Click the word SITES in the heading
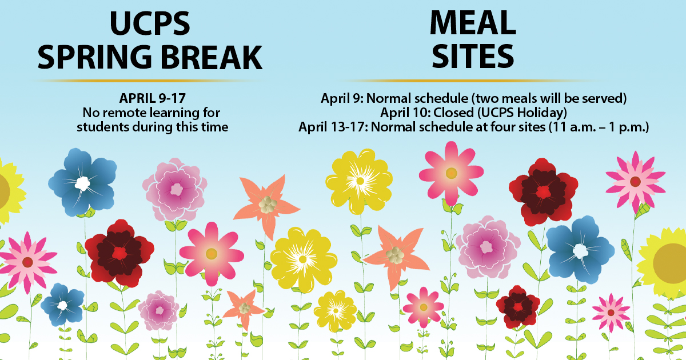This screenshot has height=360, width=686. click(x=473, y=57)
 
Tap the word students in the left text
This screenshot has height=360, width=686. click(x=100, y=126)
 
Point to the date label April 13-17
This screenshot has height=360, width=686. click(x=333, y=126)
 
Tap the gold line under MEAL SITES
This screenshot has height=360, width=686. click(x=473, y=81)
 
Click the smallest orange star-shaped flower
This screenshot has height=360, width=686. click(x=244, y=309)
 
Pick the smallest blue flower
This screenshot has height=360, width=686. click(x=62, y=305)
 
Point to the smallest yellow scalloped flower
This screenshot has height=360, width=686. click(x=335, y=311)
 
